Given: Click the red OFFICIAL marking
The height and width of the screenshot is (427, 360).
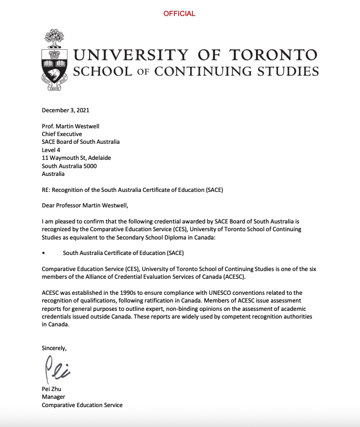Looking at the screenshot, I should [179, 14].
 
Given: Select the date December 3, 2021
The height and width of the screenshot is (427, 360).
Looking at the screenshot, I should [65, 110].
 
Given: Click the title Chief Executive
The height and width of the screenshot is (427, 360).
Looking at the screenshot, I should [62, 134].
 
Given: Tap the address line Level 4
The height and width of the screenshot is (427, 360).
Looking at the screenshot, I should [51, 150].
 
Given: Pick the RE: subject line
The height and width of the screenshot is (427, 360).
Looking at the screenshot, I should [132, 190].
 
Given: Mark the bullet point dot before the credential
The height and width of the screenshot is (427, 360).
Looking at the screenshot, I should [44, 253].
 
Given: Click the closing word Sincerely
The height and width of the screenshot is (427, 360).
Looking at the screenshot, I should [54, 348].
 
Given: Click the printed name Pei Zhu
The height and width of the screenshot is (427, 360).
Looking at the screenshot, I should [51, 389].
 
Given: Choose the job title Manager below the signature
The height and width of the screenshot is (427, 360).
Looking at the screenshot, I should [54, 397].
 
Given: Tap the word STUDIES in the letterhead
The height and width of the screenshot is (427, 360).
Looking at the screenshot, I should [293, 71].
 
